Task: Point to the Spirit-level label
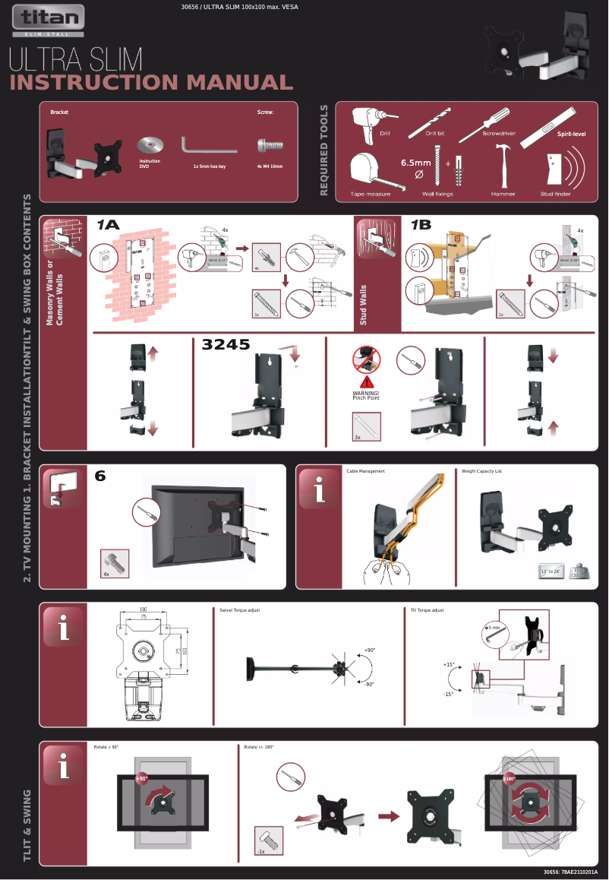571,134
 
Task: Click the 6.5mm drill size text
415,162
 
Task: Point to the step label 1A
108,225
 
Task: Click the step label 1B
420,225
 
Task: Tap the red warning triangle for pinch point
366,381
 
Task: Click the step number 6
100,476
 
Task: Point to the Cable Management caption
365,471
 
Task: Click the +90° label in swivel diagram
370,651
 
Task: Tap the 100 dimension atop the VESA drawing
142,609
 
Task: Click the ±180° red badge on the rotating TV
509,779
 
